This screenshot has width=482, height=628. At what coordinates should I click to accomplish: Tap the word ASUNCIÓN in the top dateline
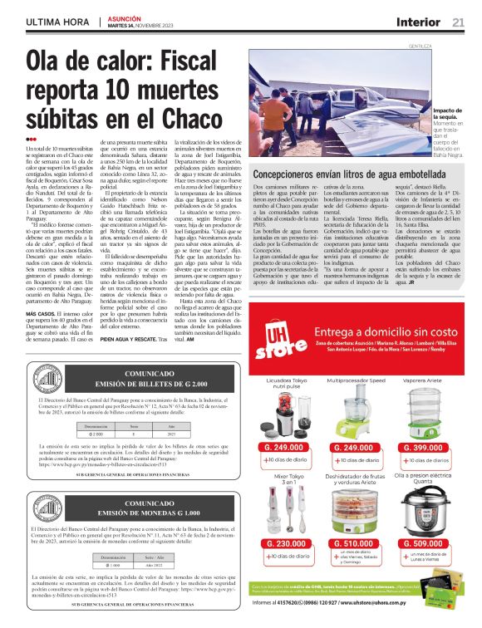click(x=125, y=17)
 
